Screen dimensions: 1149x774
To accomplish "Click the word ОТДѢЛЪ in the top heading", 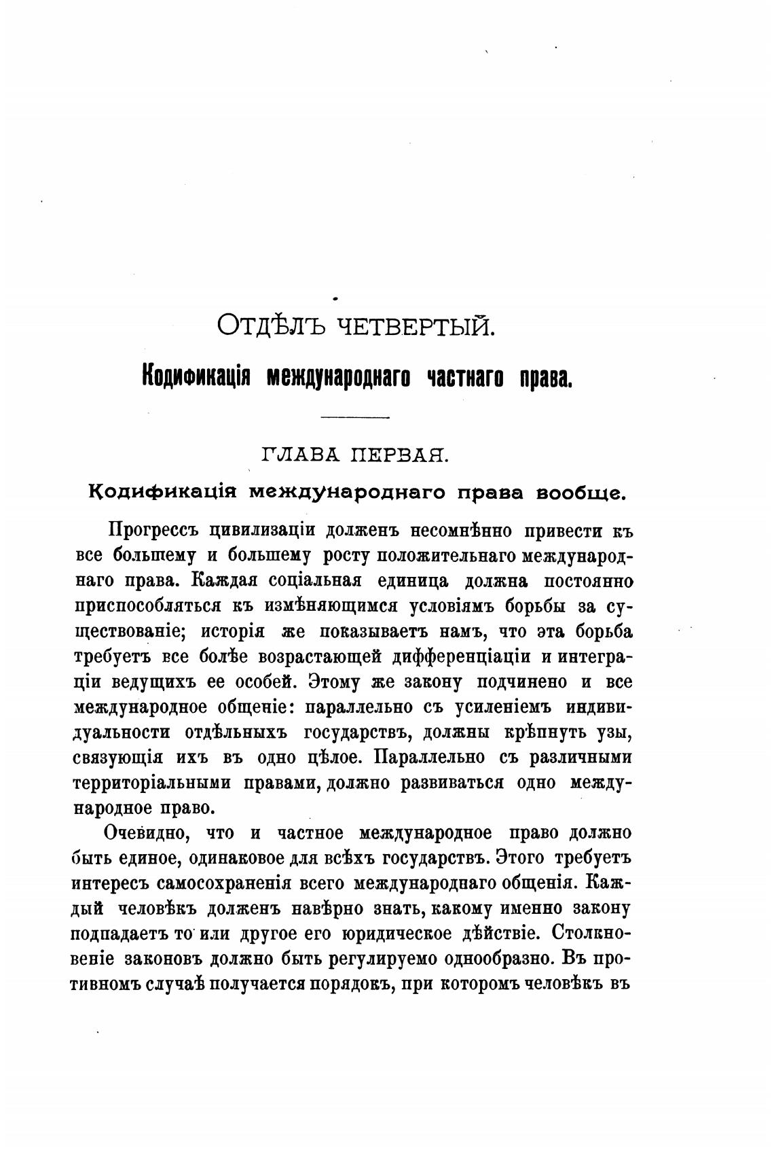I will [272, 325].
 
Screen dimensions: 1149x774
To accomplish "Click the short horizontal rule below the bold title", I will [354, 417].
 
